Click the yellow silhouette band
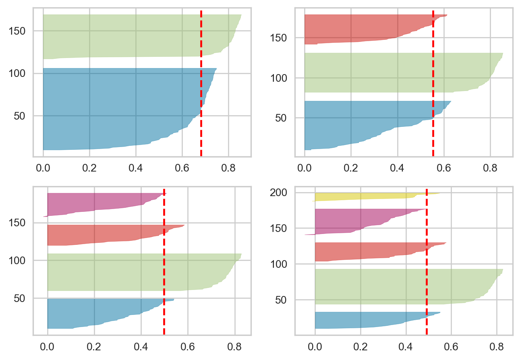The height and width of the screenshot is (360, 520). click(363, 197)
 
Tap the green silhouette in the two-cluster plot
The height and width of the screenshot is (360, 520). click(133, 36)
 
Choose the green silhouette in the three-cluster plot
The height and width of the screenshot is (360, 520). click(395, 72)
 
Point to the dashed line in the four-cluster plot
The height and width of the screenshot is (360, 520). click(164, 262)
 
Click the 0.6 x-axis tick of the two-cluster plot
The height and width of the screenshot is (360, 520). click(182, 166)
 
